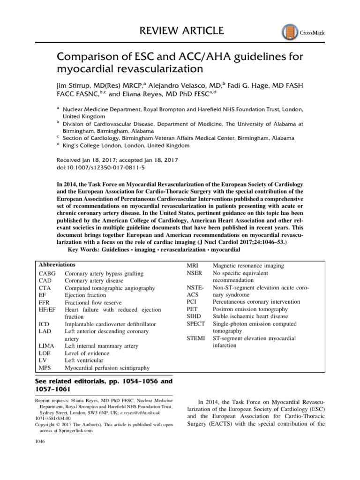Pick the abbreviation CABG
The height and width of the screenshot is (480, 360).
tap(47, 274)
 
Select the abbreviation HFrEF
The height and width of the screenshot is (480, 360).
tap(48, 309)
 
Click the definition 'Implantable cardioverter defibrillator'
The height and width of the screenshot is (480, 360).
tap(110, 324)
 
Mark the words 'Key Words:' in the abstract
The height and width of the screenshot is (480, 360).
tap(84, 250)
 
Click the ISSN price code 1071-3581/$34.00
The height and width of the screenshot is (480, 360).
tap(52, 418)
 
